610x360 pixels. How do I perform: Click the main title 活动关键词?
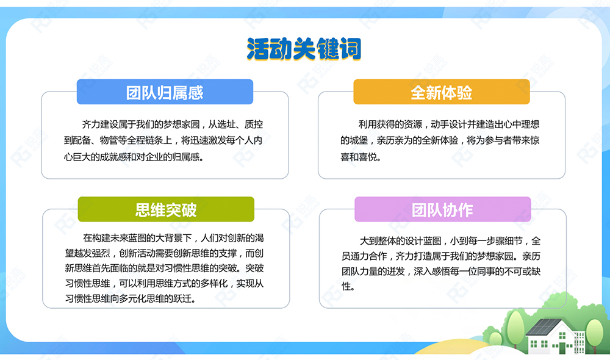[x=304, y=49]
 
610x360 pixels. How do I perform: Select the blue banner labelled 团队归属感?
[x=165, y=92]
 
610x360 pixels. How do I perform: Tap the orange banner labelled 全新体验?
[x=442, y=92]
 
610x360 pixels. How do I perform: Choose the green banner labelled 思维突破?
[x=166, y=209]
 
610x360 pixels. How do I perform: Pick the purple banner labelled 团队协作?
[x=443, y=209]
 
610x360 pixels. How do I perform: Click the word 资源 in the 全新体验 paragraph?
[x=413, y=124]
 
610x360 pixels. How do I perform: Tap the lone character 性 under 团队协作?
[x=346, y=287]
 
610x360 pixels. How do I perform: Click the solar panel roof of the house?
[x=543, y=327]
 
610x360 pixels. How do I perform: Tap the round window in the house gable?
[x=562, y=336]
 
